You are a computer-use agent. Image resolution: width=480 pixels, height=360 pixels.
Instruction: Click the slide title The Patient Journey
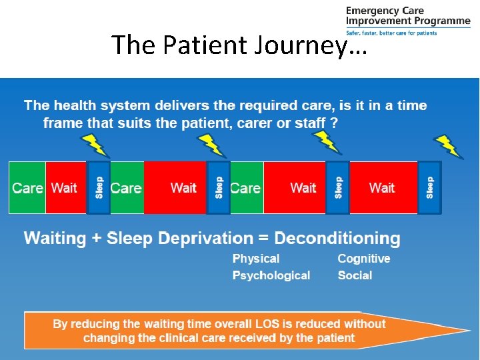click(x=239, y=45)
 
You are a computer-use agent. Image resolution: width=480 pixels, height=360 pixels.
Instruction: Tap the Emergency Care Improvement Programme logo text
click(x=407, y=15)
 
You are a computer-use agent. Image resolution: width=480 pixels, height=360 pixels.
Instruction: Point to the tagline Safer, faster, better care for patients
click(x=391, y=33)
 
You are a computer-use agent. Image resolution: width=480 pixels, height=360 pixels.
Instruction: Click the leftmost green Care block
click(x=27, y=188)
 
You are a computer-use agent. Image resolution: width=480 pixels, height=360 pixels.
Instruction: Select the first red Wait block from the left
click(x=65, y=188)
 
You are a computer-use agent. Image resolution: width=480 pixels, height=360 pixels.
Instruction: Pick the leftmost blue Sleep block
click(x=99, y=188)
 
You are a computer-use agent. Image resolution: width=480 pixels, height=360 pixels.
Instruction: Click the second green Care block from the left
click(x=126, y=188)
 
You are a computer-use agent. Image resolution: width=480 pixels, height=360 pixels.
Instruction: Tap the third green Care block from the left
click(x=245, y=188)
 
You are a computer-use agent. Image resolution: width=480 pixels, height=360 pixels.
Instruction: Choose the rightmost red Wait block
click(x=382, y=188)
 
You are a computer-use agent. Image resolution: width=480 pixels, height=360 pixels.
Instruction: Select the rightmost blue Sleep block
click(x=429, y=188)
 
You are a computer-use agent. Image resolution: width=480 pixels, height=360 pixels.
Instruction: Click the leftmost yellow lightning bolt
click(x=93, y=145)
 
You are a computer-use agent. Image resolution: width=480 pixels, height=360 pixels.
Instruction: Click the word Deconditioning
click(x=337, y=238)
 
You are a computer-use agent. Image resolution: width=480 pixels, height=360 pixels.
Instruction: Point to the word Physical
click(x=256, y=259)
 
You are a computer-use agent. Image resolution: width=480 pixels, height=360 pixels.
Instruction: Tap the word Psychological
click(x=271, y=275)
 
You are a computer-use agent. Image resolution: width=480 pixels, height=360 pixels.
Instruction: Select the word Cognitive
click(x=363, y=259)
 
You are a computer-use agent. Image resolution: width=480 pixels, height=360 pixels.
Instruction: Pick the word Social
click(x=355, y=275)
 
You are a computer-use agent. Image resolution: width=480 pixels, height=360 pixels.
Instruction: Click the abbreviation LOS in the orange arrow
click(x=267, y=324)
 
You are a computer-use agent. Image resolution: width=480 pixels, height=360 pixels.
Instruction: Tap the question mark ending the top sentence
click(x=334, y=123)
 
